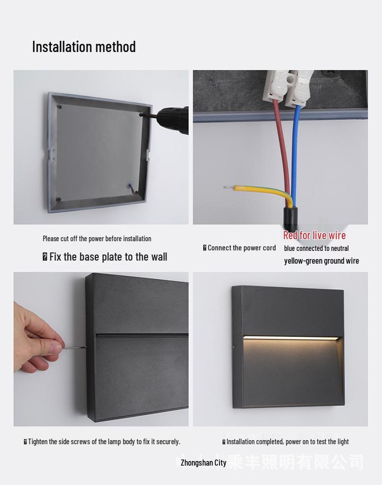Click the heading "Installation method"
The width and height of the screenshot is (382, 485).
(x=84, y=47)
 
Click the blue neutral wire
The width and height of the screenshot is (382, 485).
(x=295, y=153)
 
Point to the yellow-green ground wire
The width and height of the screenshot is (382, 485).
(x=260, y=190)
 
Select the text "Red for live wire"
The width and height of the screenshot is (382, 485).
(x=314, y=235)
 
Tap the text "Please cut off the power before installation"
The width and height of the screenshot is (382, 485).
(x=97, y=238)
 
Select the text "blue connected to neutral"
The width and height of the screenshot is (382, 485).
(x=316, y=248)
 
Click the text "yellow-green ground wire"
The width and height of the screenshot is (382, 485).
(x=321, y=261)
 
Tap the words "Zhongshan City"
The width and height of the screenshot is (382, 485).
(x=203, y=463)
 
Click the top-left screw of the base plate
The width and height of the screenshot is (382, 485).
(x=60, y=107)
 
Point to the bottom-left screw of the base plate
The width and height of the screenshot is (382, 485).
(x=59, y=199)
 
